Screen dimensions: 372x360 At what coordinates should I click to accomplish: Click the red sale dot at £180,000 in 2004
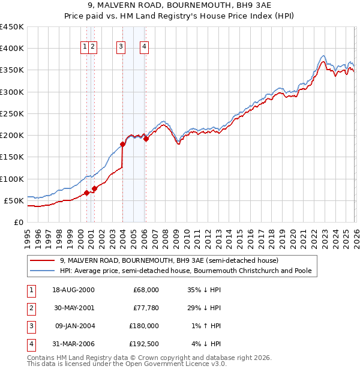point(122,144)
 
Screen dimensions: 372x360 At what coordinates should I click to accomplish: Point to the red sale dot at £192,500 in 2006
point(146,139)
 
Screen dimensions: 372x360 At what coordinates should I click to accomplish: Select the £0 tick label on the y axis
point(18,222)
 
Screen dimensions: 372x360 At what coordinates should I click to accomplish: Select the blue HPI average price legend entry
point(185,271)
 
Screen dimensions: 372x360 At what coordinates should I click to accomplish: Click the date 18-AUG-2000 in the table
point(74,290)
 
